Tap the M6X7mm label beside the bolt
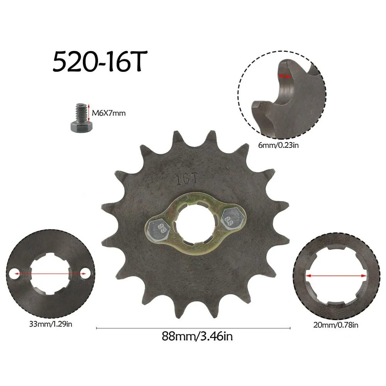click(108, 113)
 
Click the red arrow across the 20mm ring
click(335, 276)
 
